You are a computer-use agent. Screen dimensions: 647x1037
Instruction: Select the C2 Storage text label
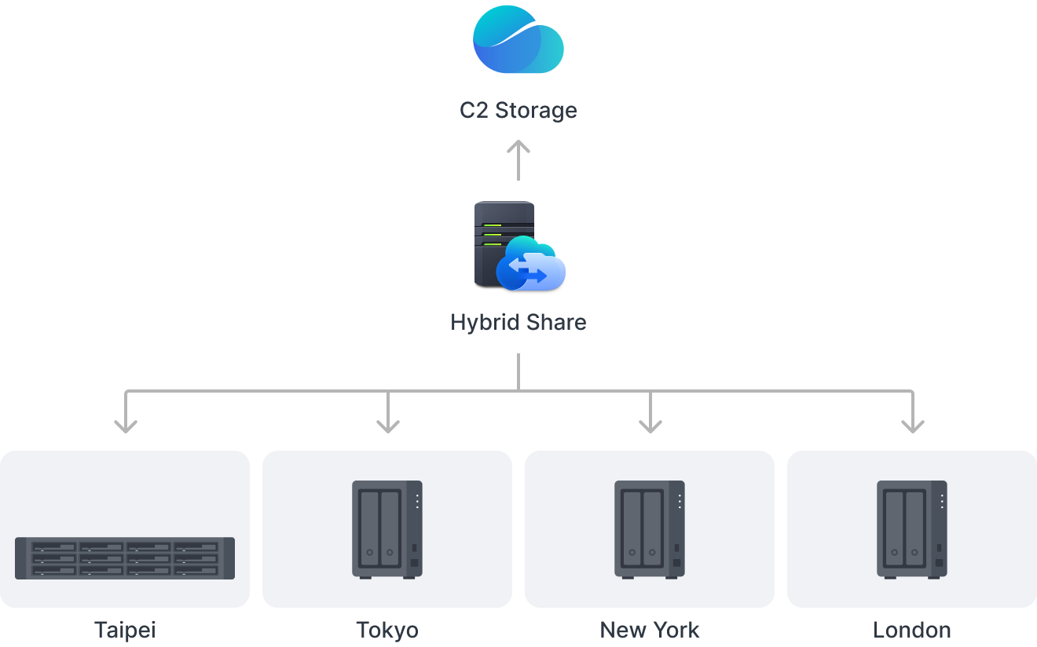[x=518, y=110]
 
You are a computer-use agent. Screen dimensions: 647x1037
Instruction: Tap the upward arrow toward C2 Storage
[x=518, y=157]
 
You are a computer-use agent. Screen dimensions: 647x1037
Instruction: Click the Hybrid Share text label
[x=518, y=322]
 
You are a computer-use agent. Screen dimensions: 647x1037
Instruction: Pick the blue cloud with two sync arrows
[x=532, y=265]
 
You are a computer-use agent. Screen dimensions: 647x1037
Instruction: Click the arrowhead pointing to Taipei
[x=126, y=424]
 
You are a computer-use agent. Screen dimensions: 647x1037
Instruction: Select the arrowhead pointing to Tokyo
[x=388, y=424]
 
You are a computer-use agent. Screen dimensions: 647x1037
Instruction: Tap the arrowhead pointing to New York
[x=650, y=424]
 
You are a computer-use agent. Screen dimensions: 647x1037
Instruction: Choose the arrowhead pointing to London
[x=912, y=424]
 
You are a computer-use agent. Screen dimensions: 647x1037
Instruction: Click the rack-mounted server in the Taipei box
[x=125, y=557]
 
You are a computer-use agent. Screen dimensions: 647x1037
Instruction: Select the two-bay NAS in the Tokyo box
[x=387, y=529]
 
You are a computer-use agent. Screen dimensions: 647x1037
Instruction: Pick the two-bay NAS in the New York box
[x=650, y=529]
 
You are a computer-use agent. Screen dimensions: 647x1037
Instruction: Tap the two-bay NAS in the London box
[x=912, y=529]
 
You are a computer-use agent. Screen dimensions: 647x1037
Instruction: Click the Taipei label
[x=125, y=630]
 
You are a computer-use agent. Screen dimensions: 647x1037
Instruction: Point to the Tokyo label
[x=387, y=630]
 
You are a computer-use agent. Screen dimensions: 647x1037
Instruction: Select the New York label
[x=650, y=630]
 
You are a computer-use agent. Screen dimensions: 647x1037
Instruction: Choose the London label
[x=912, y=630]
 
